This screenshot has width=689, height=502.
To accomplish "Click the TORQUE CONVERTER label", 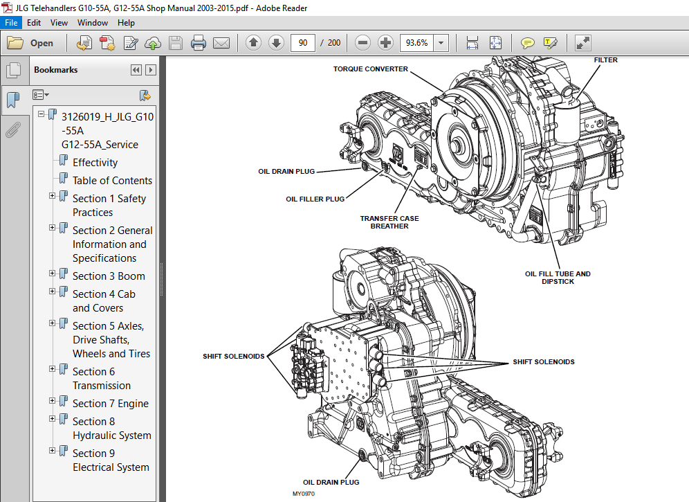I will point(371,69).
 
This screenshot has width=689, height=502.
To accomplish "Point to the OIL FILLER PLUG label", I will point(315,199).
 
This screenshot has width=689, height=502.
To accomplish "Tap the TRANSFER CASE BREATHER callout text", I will point(389,222).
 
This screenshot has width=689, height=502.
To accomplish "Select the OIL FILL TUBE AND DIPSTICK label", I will point(558,278).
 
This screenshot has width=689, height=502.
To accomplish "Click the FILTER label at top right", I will point(605,60).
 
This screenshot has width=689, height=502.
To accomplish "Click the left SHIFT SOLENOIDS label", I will point(233,357).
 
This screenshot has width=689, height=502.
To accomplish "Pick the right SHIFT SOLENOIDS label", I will point(543,362).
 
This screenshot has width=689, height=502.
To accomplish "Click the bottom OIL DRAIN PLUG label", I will point(331,482).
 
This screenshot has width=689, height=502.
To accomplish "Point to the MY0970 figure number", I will point(303,494).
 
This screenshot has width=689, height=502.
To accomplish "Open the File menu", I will point(11,23).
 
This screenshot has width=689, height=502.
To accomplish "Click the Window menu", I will point(92,23).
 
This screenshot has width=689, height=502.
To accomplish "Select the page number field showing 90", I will point(302,43).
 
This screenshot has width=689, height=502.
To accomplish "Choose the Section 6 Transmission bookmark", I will point(101,379).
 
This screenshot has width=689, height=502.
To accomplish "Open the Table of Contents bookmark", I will point(112,181).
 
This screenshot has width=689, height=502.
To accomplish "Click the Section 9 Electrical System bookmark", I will point(111,460).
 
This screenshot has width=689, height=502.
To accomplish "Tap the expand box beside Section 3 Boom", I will point(52,276).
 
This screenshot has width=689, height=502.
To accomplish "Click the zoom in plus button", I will point(386,43).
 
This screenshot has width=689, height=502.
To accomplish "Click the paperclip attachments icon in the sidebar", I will point(12,130).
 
